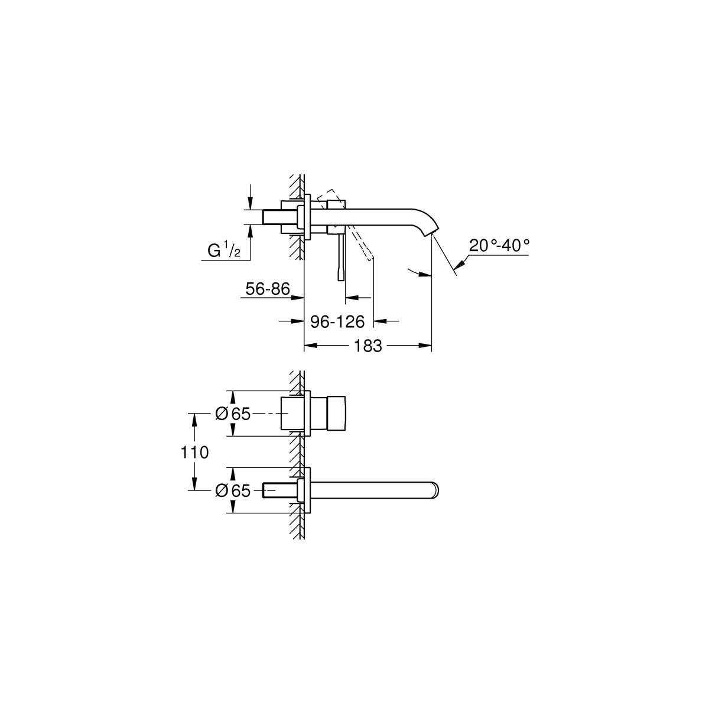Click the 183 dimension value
click(367, 346)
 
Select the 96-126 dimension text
click(337, 322)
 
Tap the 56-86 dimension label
click(268, 289)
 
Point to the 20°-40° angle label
click(499, 245)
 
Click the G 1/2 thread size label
click(224, 251)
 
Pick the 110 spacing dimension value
click(194, 452)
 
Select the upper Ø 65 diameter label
click(233, 414)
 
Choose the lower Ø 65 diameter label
click(233, 490)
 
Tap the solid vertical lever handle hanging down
click(341, 258)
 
